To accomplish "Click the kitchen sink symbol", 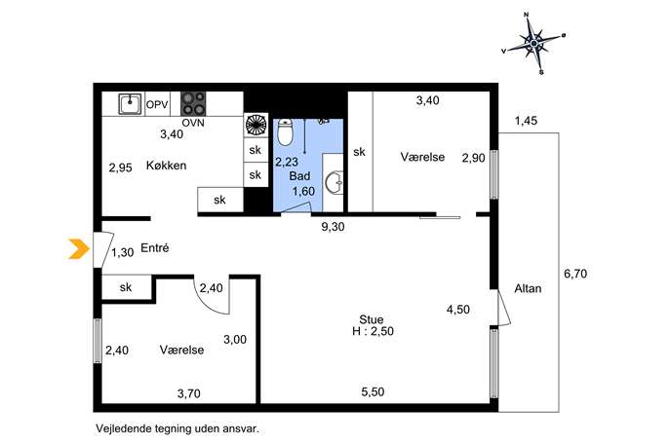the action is pyautogui.click(x=130, y=103).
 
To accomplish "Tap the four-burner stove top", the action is pyautogui.click(x=193, y=103).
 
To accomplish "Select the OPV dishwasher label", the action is pyautogui.click(x=157, y=104).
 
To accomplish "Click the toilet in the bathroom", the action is pyautogui.click(x=285, y=131).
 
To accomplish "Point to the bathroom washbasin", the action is pyautogui.click(x=335, y=183).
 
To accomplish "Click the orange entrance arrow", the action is pyautogui.click(x=79, y=249).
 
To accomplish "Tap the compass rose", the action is pyautogui.click(x=534, y=43).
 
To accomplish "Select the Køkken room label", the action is pyautogui.click(x=166, y=166).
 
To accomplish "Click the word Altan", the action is pyautogui.click(x=528, y=288).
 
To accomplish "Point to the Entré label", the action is pyautogui.click(x=155, y=247).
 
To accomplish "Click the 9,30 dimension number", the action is pyautogui.click(x=333, y=227).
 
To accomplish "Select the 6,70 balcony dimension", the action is pyautogui.click(x=575, y=274).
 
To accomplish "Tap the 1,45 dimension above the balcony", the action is pyautogui.click(x=526, y=121).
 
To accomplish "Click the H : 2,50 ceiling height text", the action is pyautogui.click(x=373, y=331).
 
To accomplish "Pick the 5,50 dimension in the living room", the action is pyautogui.click(x=373, y=391).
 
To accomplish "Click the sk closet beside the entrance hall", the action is pyautogui.click(x=126, y=287).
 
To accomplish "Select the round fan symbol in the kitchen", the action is pyautogui.click(x=256, y=125).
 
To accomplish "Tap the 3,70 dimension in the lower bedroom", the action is pyautogui.click(x=189, y=393).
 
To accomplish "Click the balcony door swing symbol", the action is pyautogui.click(x=504, y=308).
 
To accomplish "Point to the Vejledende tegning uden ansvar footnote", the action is pyautogui.click(x=177, y=428).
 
